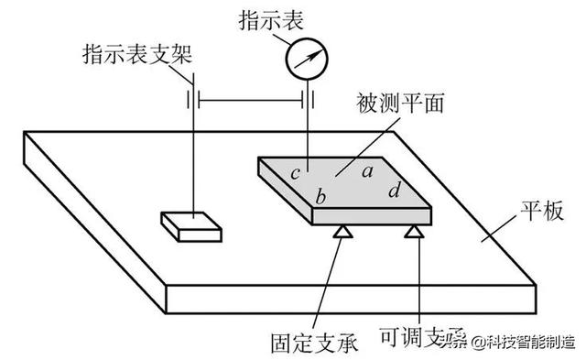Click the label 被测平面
407,103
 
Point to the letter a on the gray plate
365,169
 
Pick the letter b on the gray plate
320,196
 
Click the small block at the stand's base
190,225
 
